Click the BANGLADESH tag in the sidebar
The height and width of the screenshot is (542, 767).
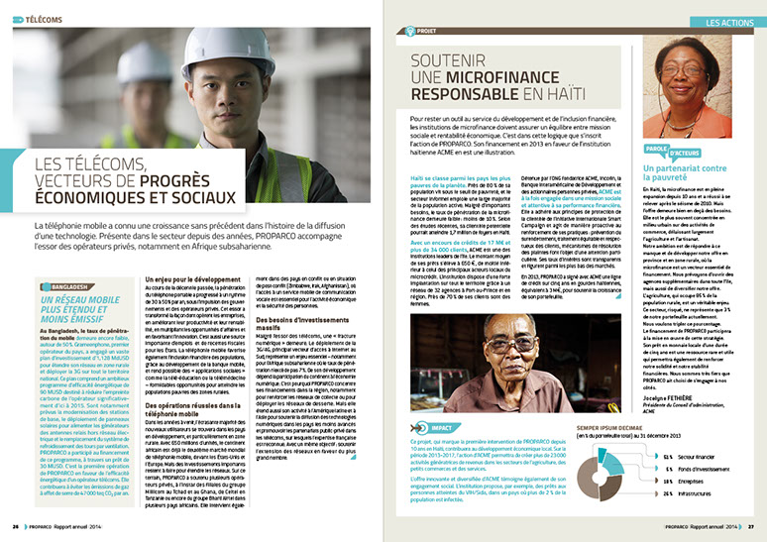(x=60, y=259)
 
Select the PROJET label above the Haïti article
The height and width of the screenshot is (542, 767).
(x=427, y=30)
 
